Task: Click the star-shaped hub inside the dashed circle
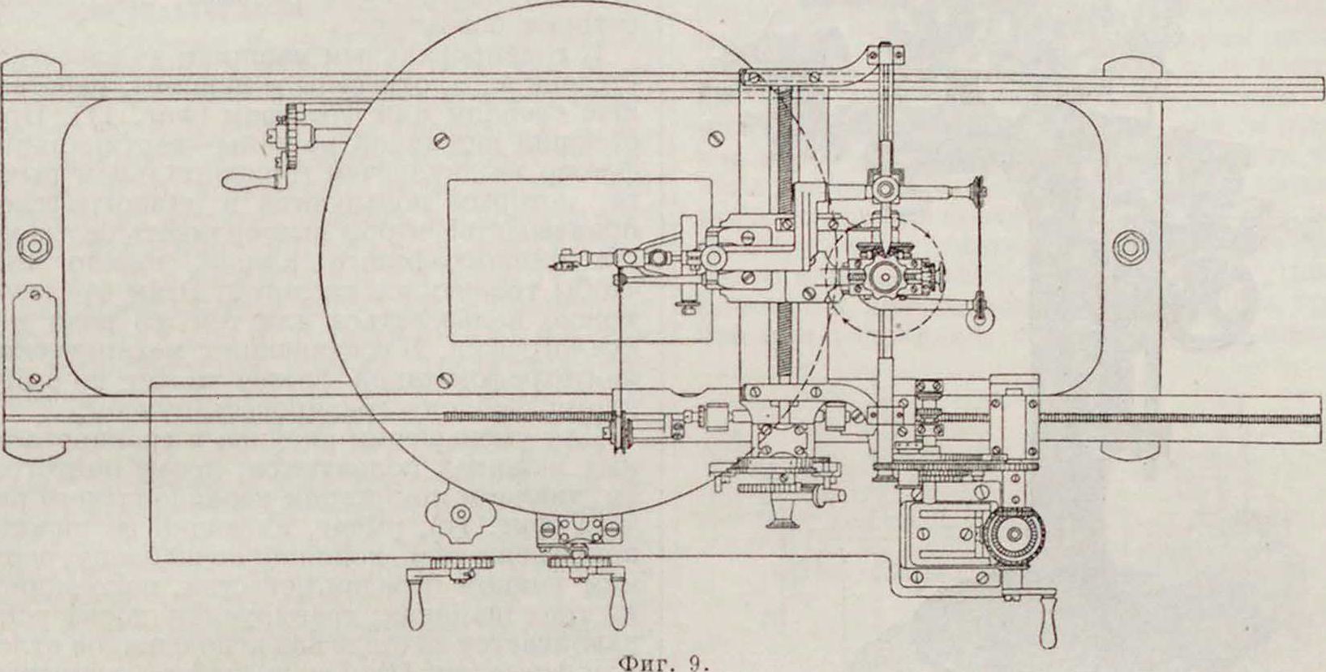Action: (882, 276)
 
